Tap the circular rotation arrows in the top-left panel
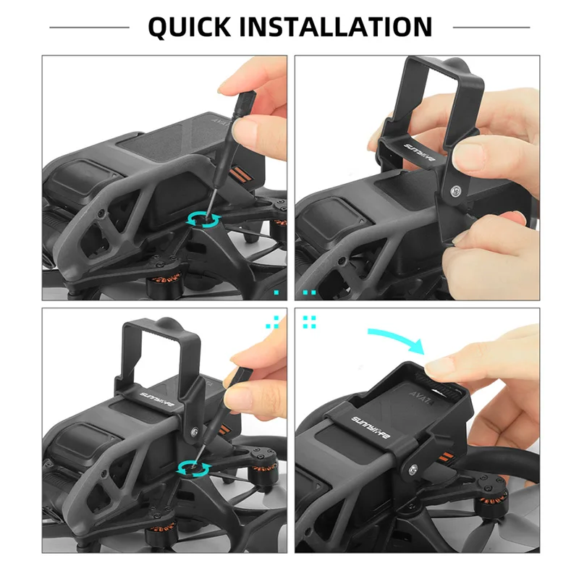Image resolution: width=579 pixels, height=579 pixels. (204, 220)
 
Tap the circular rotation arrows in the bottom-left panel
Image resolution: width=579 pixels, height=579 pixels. (194, 469)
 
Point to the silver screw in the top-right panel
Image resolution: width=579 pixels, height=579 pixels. (456, 191)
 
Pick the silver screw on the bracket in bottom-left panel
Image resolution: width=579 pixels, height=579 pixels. (194, 431)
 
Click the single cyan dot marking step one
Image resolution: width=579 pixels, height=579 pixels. (276, 292)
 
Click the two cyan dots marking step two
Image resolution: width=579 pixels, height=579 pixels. (310, 292)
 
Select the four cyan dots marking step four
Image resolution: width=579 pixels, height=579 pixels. (310, 322)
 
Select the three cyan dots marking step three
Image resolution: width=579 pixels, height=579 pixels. (274, 322)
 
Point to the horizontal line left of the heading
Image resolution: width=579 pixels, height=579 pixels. (89, 28)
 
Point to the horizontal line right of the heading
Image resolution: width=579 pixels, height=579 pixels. (491, 28)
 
